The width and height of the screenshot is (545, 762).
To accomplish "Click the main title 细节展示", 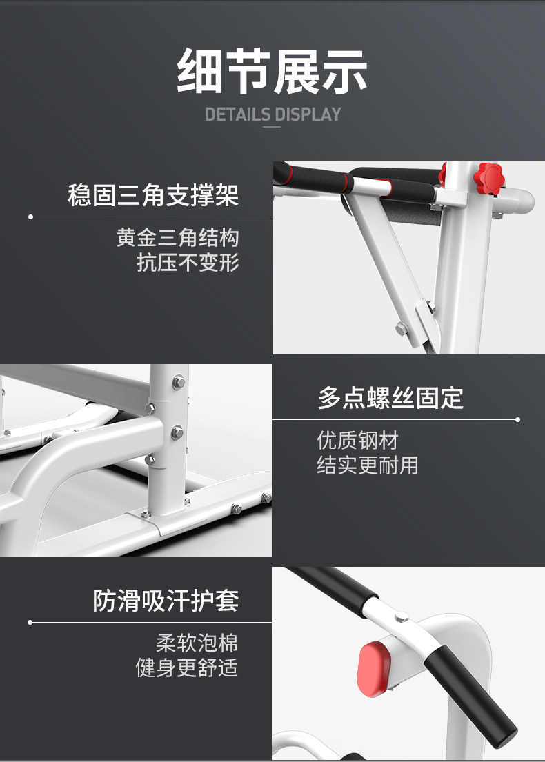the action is tap(272, 72).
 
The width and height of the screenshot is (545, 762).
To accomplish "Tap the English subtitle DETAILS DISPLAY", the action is tap(272, 114).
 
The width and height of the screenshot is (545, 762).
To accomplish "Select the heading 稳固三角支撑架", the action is tap(153, 195).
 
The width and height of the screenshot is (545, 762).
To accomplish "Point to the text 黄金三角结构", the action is tap(177, 238).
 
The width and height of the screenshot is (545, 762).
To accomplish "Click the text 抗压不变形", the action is tap(188, 263).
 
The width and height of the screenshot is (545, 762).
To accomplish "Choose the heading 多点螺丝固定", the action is tap(391, 398).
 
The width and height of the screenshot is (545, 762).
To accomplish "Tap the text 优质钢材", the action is tap(358, 440).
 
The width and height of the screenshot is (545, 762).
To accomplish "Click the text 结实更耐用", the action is tap(368, 465).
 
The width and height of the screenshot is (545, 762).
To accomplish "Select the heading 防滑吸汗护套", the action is tap(166, 601).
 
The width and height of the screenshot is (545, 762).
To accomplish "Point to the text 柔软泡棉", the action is tap(197, 643).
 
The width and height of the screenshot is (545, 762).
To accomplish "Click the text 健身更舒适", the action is tap(187, 668).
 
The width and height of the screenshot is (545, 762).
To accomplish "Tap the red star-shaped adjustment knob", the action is tap(490, 178).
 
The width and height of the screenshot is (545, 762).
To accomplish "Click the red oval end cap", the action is tap(373, 669).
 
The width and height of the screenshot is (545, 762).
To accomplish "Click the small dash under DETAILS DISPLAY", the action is tap(272, 127).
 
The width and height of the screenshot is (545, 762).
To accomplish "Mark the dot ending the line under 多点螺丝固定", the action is tap(518, 419).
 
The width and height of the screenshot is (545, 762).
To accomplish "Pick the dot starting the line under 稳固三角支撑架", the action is tap(30, 217).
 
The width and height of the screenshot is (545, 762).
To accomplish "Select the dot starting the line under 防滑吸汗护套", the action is tap(30, 622).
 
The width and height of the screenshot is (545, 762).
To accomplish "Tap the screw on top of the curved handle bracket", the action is tap(402, 617).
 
